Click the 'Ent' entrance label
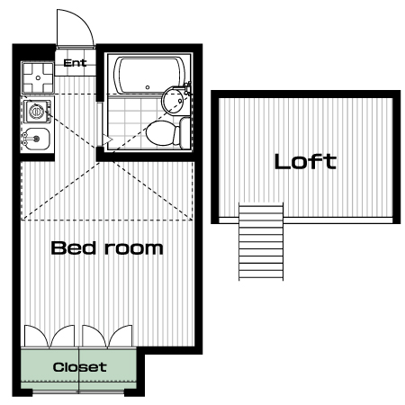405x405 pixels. pos(75,63)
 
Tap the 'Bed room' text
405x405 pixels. pos(107,248)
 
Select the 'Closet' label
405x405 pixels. pos(79,367)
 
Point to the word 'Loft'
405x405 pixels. pos(305,161)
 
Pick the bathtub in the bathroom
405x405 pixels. pos(149,75)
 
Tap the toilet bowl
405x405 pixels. pos(160,133)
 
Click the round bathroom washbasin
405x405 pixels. pos(173,101)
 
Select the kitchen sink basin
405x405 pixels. pos(37,139)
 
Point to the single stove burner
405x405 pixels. pos(37,112)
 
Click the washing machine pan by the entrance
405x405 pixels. pos(38,77)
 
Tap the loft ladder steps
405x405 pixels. pos(261,241)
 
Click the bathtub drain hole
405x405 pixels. pos(148,87)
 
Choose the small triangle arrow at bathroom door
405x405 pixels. pos(108,139)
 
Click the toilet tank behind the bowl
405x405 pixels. pos(185,133)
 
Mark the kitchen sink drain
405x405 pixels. pos(37,139)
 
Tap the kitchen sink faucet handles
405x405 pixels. pos(23,139)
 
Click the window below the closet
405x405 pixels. pos(78,391)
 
